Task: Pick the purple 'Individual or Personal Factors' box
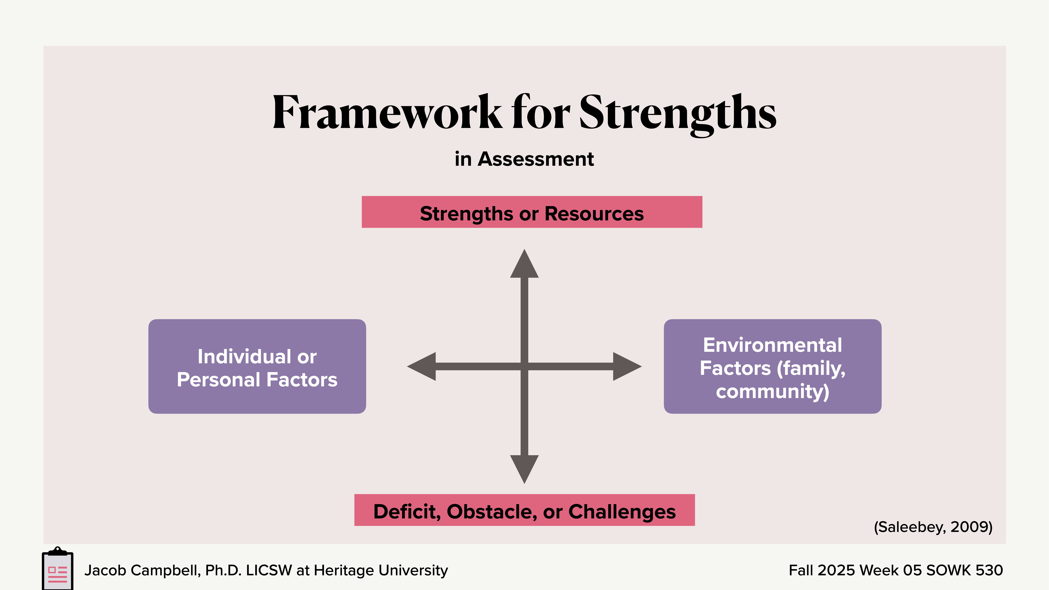point(257,366)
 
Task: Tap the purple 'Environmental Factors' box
point(772,366)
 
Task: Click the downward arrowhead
point(524,468)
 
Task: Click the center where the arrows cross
point(524,366)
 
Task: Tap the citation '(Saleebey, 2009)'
point(933,527)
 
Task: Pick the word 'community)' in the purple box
point(772,391)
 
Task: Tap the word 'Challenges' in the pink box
point(622,511)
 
